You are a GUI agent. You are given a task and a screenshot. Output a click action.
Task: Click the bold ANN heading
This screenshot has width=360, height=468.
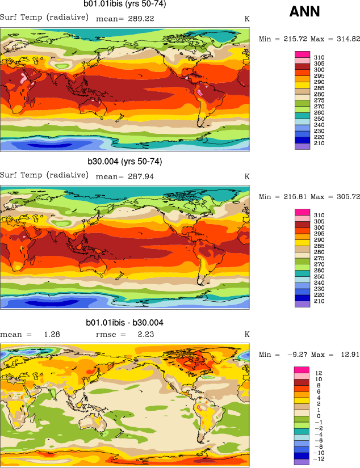coord(305,11)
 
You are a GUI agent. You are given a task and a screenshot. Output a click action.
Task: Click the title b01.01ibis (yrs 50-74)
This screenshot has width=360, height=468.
coord(124,5)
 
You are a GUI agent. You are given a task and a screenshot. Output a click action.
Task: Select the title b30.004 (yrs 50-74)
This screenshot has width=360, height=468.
coord(124,162)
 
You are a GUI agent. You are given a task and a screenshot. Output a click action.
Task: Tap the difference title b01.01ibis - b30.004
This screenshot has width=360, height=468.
coord(124,323)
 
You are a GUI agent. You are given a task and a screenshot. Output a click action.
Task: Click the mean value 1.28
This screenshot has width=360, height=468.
coord(52,334)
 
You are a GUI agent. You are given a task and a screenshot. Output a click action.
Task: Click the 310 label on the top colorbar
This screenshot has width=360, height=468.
coord(319,58)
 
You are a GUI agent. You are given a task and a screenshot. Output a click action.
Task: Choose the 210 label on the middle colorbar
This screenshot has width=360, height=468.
coord(319,301)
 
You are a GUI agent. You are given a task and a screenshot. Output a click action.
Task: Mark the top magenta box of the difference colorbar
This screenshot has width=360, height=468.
coord(302,370)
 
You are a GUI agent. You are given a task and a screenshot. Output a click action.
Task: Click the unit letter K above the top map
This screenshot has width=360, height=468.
coord(247,19)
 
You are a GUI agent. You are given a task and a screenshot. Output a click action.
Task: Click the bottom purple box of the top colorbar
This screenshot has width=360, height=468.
coord(302,146)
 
